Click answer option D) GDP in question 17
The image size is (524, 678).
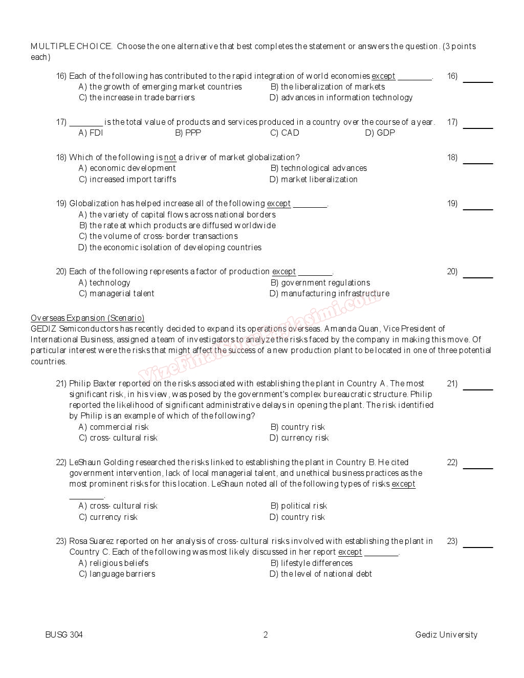click(x=380, y=133)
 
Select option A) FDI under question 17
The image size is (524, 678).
click(x=91, y=133)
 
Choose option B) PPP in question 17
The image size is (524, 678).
click(x=188, y=133)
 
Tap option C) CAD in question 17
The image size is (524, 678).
click(x=285, y=133)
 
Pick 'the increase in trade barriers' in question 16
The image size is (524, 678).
click(x=137, y=98)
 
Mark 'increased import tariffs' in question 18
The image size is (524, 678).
click(x=127, y=180)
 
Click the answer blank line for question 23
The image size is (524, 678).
click(x=477, y=546)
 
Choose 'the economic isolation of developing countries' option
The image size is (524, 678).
click(x=170, y=248)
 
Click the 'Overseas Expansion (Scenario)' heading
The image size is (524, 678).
click(x=88, y=318)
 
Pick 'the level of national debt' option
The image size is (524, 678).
click(x=321, y=574)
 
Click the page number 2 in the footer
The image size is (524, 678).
click(x=266, y=635)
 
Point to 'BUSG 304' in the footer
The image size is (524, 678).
click(x=64, y=635)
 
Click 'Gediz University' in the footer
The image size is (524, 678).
click(x=446, y=635)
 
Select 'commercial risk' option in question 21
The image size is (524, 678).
click(x=114, y=427)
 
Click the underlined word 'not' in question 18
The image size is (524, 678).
click(x=170, y=158)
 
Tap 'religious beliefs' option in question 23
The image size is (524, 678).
click(x=114, y=563)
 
